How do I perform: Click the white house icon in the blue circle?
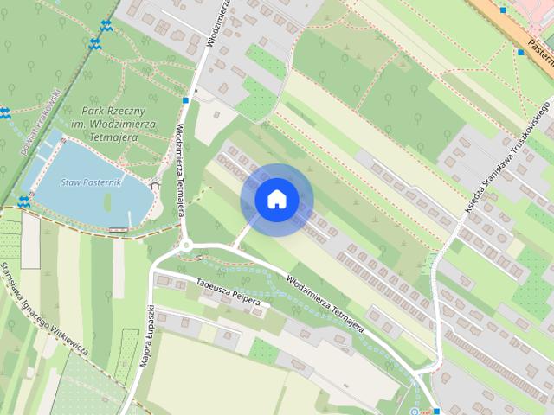[x=276, y=200]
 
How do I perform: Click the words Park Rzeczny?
[x=113, y=112]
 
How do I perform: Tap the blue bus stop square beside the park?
[x=185, y=100]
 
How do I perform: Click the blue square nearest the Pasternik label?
[x=520, y=53]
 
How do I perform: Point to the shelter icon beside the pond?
[x=155, y=183]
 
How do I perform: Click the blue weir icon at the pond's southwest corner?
[x=23, y=200]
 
